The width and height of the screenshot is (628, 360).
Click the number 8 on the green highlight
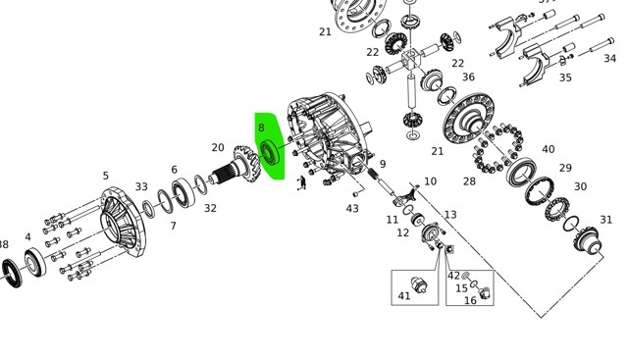point(262,128)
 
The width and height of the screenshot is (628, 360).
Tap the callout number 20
point(218,148)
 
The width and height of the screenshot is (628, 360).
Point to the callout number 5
point(105,176)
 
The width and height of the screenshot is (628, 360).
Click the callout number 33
point(141,186)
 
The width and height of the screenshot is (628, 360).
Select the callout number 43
point(352,209)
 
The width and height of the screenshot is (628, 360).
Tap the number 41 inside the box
point(404,296)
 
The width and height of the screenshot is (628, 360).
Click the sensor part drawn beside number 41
point(419,285)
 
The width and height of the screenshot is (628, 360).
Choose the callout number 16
point(470,300)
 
